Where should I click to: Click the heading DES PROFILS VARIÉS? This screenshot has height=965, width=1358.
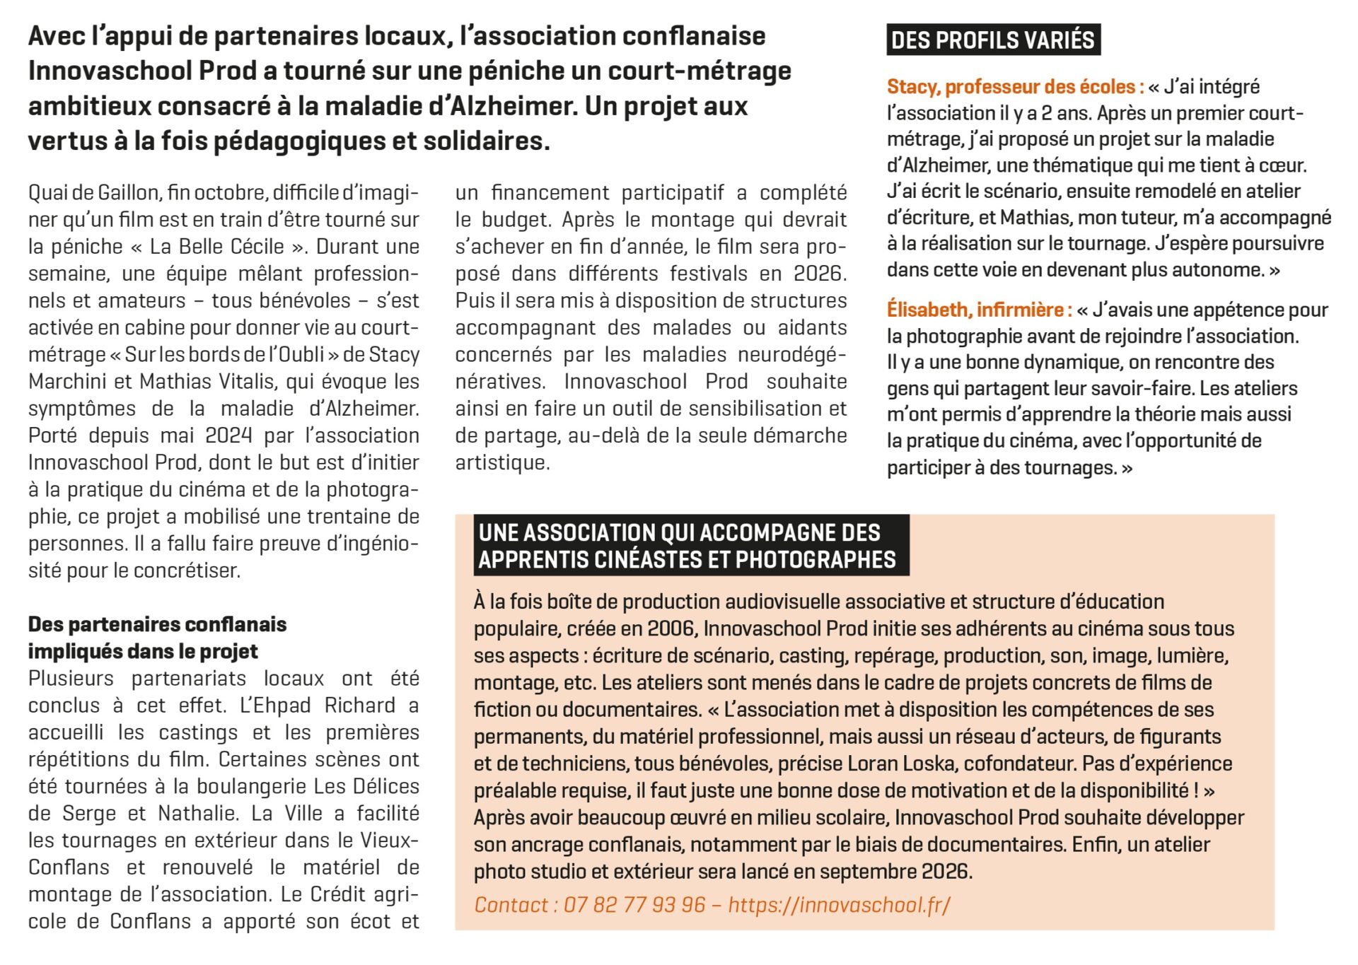click(992, 40)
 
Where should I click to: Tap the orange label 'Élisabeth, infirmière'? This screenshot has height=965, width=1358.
click(977, 310)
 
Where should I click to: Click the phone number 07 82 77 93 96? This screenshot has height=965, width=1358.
click(634, 905)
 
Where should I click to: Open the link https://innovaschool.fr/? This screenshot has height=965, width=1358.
click(839, 905)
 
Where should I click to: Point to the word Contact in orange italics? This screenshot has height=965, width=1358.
click(511, 905)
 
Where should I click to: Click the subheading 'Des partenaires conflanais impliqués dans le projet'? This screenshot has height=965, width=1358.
click(157, 638)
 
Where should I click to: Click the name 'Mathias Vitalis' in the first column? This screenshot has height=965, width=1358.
click(207, 382)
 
